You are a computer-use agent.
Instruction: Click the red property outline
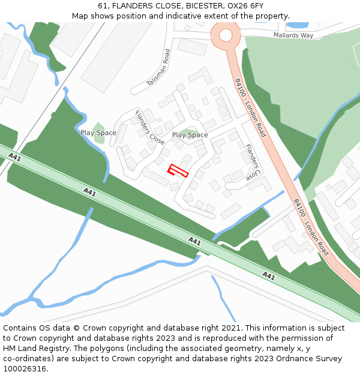point(178,171)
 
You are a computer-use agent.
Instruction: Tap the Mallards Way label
point(293,35)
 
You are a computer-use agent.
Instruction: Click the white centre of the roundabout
point(226,35)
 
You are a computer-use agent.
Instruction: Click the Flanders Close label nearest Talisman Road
point(149,128)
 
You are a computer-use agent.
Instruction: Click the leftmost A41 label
point(15,158)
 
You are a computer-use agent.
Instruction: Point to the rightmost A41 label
point(268,276)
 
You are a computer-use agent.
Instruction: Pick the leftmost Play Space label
point(98,133)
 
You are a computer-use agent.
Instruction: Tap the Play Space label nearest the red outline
point(190,135)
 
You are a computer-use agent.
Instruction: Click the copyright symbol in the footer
point(76,328)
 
